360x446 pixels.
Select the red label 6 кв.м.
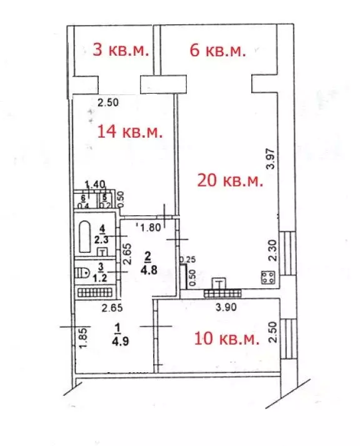pyautogui.click(x=217, y=50)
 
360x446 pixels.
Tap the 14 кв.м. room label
pyautogui.click(x=130, y=132)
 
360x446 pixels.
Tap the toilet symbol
pyautogui.click(x=81, y=272)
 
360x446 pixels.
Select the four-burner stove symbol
pyautogui.click(x=269, y=276)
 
